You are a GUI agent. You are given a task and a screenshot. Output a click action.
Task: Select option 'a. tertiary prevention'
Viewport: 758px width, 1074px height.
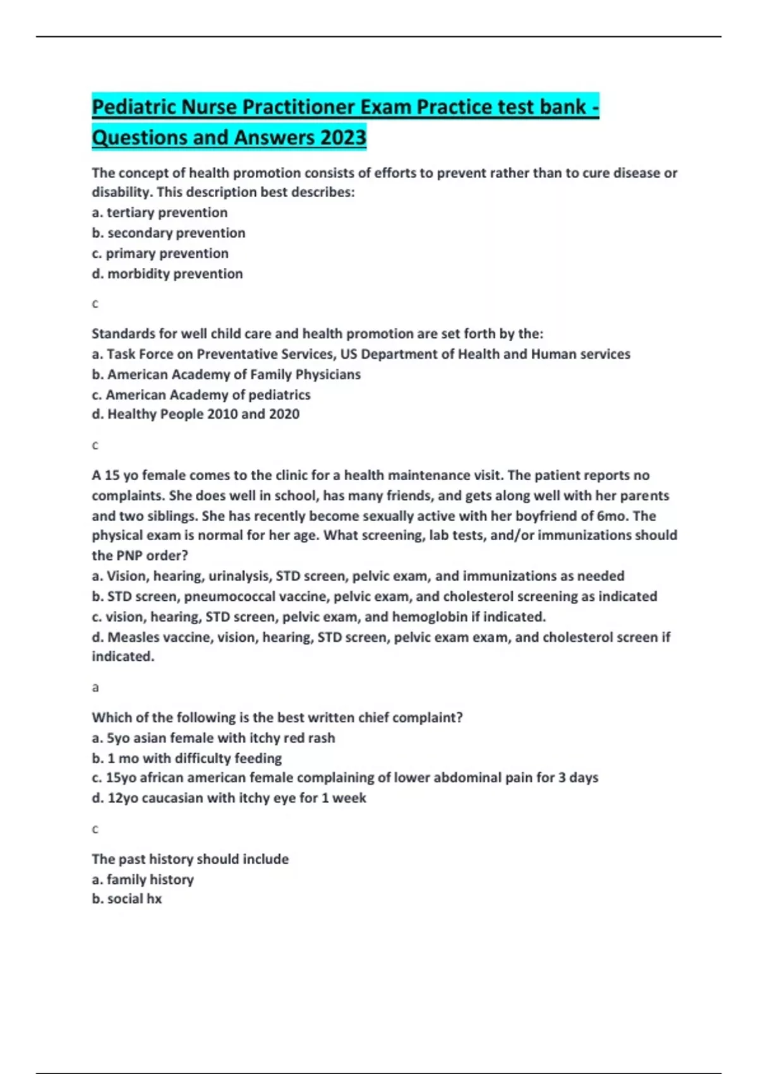159,213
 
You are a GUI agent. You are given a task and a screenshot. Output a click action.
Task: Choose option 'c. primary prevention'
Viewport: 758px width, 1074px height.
160,253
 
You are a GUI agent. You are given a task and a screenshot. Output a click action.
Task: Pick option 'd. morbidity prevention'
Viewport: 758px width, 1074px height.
167,274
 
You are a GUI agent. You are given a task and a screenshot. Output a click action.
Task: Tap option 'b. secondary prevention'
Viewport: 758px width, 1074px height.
168,233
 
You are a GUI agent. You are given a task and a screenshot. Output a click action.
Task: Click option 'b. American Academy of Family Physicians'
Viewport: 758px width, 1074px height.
226,375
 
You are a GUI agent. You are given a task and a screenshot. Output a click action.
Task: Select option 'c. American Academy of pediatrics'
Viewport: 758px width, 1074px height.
201,395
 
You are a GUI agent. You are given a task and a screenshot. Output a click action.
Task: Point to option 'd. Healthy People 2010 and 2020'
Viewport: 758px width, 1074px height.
195,414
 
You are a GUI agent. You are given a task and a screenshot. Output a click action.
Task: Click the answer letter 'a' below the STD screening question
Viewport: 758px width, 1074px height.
95,687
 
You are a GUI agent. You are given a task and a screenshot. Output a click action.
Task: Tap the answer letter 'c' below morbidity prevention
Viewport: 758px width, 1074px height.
95,304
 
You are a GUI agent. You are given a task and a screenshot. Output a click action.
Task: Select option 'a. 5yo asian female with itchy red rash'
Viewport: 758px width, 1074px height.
213,738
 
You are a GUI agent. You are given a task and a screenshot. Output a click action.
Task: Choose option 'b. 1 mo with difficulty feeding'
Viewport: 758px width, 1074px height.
186,758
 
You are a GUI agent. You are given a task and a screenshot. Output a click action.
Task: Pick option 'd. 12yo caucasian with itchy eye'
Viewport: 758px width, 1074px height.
229,798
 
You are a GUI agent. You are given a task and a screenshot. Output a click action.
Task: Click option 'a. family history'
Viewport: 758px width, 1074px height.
143,879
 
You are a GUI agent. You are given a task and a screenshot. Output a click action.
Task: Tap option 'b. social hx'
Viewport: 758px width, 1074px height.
126,899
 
